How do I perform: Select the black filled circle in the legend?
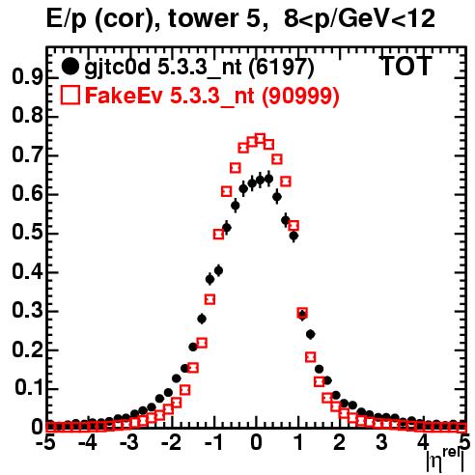point(70,67)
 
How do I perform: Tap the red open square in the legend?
point(70,95)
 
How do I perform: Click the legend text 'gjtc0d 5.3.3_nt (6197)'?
point(199,68)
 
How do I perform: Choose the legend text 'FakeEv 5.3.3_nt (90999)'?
point(212,96)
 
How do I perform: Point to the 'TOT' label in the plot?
point(405,66)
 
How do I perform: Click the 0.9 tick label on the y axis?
point(27,76)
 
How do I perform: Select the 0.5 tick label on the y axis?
point(27,233)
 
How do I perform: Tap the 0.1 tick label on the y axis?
point(29,387)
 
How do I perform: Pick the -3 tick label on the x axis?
point(129,443)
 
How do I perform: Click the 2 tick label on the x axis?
point(340,443)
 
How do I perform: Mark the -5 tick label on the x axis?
point(46,443)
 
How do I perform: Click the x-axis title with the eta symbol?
point(446,461)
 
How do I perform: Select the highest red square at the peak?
point(260,140)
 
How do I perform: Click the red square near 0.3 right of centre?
point(302,312)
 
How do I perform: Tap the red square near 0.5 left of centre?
point(218,235)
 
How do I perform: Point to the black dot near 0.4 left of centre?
point(218,271)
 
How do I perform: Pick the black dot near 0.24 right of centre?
point(311,335)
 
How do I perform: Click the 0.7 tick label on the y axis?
point(27,154)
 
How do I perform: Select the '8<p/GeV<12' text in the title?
point(359,18)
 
